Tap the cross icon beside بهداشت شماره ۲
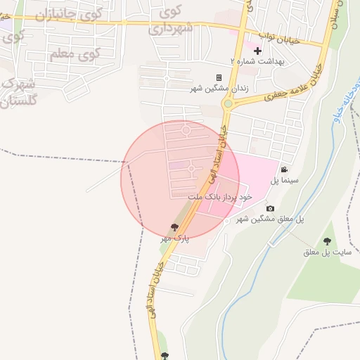(x=257, y=51)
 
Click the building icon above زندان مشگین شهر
(x=219, y=77)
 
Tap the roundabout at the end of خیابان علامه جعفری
(x=227, y=104)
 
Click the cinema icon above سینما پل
(x=283, y=169)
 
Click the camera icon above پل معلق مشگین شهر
(x=270, y=209)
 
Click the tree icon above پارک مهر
(x=174, y=227)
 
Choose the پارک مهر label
(x=175, y=238)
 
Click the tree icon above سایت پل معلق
(x=327, y=241)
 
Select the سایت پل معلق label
(x=327, y=252)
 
